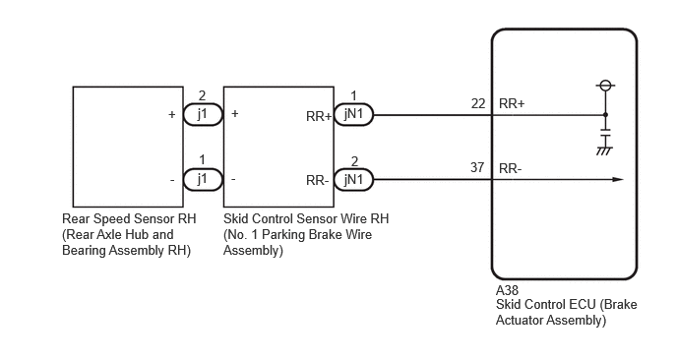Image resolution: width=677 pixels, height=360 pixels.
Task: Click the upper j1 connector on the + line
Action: click(203, 115)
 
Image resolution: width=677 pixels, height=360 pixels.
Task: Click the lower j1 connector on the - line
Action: click(203, 180)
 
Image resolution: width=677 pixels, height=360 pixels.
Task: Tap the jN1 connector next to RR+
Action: click(353, 115)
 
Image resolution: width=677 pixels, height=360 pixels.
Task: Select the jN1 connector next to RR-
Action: click(353, 180)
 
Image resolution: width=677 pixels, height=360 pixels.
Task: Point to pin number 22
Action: click(478, 103)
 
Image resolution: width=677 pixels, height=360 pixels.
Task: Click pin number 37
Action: click(477, 167)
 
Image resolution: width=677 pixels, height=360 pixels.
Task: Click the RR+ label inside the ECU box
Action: click(512, 103)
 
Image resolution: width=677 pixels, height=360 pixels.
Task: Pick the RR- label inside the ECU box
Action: click(511, 168)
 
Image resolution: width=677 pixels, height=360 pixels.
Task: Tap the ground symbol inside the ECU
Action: click(605, 151)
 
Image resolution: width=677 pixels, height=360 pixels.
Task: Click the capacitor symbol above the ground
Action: click(605, 132)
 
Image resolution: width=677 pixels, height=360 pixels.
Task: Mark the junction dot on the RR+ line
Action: click(605, 115)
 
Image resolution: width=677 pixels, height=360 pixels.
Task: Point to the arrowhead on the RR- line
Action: click(618, 180)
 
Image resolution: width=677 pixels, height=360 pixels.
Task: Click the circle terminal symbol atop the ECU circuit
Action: click(605, 85)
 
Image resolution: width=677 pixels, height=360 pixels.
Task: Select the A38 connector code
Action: click(507, 290)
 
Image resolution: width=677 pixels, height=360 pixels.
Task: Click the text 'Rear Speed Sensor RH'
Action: click(129, 218)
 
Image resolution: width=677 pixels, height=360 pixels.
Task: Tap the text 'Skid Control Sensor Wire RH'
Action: click(306, 218)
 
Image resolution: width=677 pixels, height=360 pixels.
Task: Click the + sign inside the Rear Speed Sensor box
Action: click(172, 114)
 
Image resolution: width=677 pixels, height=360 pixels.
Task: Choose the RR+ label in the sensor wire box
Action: click(319, 116)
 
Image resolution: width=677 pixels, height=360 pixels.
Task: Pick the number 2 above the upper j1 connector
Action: click(202, 95)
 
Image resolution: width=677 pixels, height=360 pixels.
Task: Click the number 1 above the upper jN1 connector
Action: click(353, 95)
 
